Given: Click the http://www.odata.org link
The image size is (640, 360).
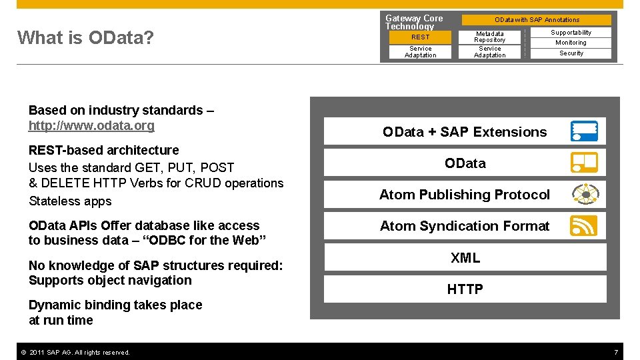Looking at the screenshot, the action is pyautogui.click(x=91, y=125).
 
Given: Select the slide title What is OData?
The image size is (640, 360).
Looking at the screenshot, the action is pyautogui.click(x=85, y=37).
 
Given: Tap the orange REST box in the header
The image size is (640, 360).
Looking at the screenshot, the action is pyautogui.click(x=420, y=37).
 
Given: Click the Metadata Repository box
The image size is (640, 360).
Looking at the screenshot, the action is pyautogui.click(x=489, y=37).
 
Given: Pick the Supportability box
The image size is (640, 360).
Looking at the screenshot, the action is pyautogui.click(x=571, y=32).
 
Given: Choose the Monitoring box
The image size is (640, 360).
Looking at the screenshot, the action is pyautogui.click(x=571, y=43).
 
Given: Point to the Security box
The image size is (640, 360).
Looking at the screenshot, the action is pyautogui.click(x=571, y=53).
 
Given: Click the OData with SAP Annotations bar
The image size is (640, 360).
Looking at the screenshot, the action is pyautogui.click(x=536, y=19).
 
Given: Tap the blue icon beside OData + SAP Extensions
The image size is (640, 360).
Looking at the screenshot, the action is pyautogui.click(x=584, y=131).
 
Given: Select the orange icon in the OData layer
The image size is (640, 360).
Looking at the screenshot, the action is pyautogui.click(x=584, y=163).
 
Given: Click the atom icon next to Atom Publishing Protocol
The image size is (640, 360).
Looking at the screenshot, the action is pyautogui.click(x=585, y=194).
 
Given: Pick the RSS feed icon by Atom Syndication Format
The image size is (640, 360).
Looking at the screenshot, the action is pyautogui.click(x=584, y=225).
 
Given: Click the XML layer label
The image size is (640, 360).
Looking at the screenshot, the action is pyautogui.click(x=465, y=257).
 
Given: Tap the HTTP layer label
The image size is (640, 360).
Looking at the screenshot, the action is pyautogui.click(x=465, y=289).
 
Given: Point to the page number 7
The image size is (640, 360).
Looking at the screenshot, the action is pyautogui.click(x=616, y=352).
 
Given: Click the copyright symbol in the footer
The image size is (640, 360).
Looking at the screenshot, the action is pyautogui.click(x=24, y=352).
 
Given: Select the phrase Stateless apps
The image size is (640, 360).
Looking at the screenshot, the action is pyautogui.click(x=70, y=201).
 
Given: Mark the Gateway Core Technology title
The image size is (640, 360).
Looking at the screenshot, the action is pyautogui.click(x=414, y=22).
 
